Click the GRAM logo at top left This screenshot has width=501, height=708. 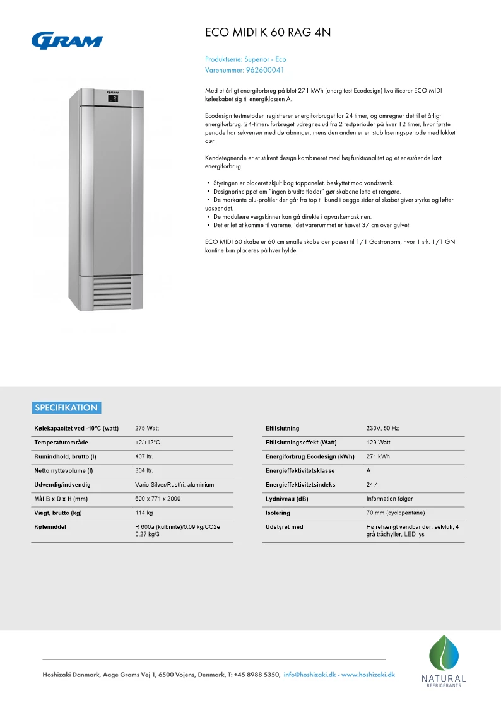(67, 40)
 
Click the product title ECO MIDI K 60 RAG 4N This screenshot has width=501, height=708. (268, 33)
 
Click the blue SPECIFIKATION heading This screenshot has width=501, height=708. (66, 407)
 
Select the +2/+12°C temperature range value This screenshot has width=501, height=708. (148, 443)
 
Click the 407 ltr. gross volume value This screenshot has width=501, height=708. (144, 456)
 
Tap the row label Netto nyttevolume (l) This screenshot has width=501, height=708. (64, 471)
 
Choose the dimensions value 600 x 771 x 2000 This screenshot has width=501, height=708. (157, 499)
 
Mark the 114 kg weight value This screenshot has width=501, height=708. (144, 513)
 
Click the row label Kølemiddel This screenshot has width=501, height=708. (50, 527)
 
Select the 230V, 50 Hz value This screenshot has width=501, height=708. (382, 429)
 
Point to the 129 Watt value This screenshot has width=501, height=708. (379, 443)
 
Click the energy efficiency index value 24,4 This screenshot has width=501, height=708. (372, 485)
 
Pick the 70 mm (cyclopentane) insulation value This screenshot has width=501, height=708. (395, 513)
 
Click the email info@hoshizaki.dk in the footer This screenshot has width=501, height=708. (310, 675)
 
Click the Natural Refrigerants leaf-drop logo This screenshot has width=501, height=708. (444, 656)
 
